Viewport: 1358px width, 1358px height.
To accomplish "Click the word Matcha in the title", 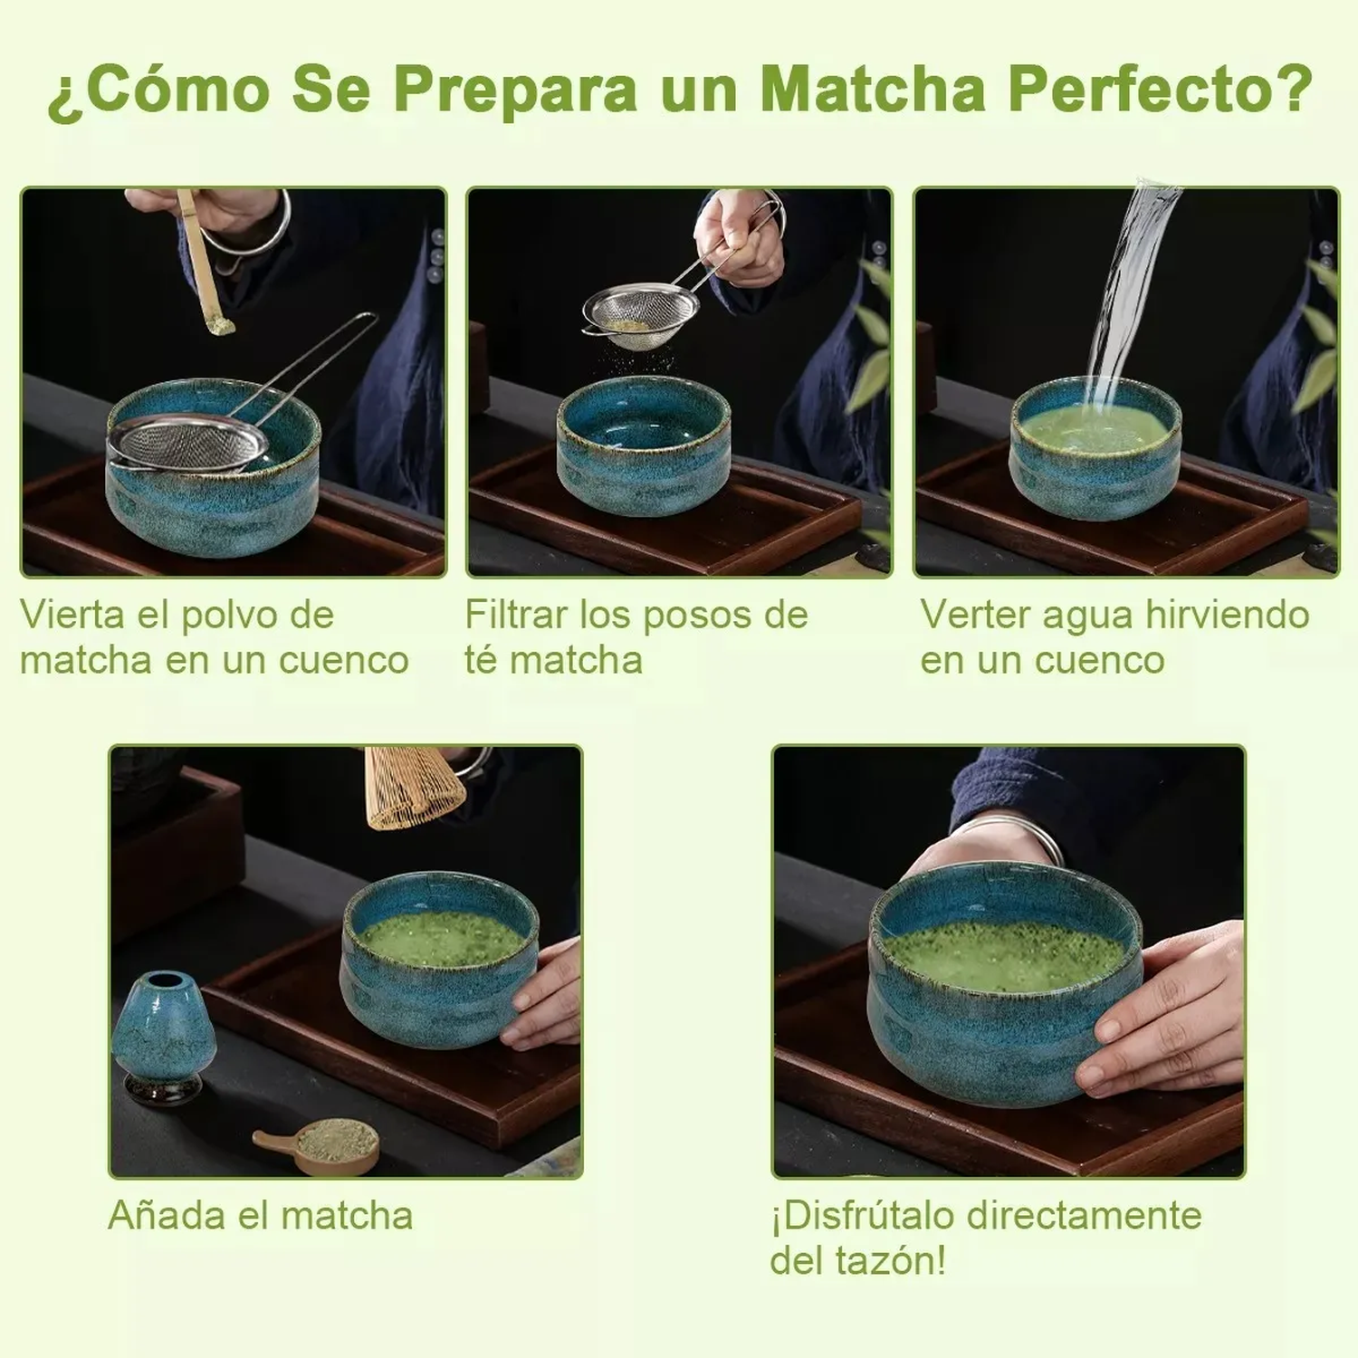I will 872,89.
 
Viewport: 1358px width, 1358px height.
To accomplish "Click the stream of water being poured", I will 1127,290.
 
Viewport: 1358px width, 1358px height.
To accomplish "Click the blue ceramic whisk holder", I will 164,1037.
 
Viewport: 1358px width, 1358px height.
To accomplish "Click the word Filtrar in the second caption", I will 516,615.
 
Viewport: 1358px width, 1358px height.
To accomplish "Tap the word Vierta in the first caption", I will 72,615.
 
